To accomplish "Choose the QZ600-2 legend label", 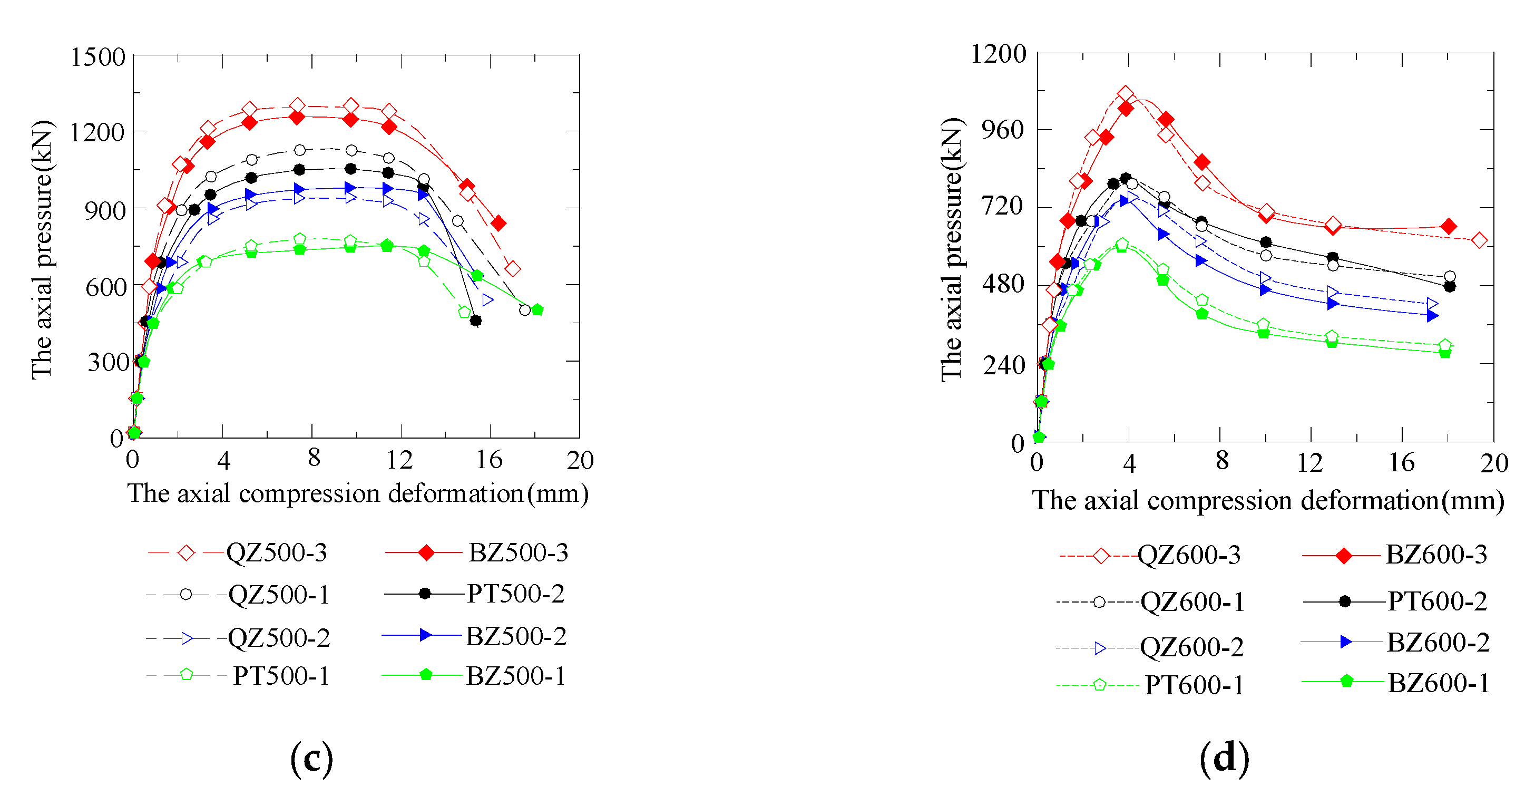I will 1191,647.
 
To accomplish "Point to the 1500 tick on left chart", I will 97,57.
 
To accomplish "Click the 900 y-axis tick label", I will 105,210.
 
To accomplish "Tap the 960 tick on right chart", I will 1002,129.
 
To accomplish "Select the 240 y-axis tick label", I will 1004,365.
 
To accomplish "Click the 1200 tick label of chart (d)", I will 998,54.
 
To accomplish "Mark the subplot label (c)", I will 311,759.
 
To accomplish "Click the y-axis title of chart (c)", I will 42,249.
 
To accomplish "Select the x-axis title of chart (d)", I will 1267,501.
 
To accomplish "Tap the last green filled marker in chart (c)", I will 537,310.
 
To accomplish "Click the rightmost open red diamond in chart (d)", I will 1479,240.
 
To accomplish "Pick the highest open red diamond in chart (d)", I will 1126,94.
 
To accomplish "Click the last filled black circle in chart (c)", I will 475,321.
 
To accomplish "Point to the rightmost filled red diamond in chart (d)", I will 1449,226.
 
